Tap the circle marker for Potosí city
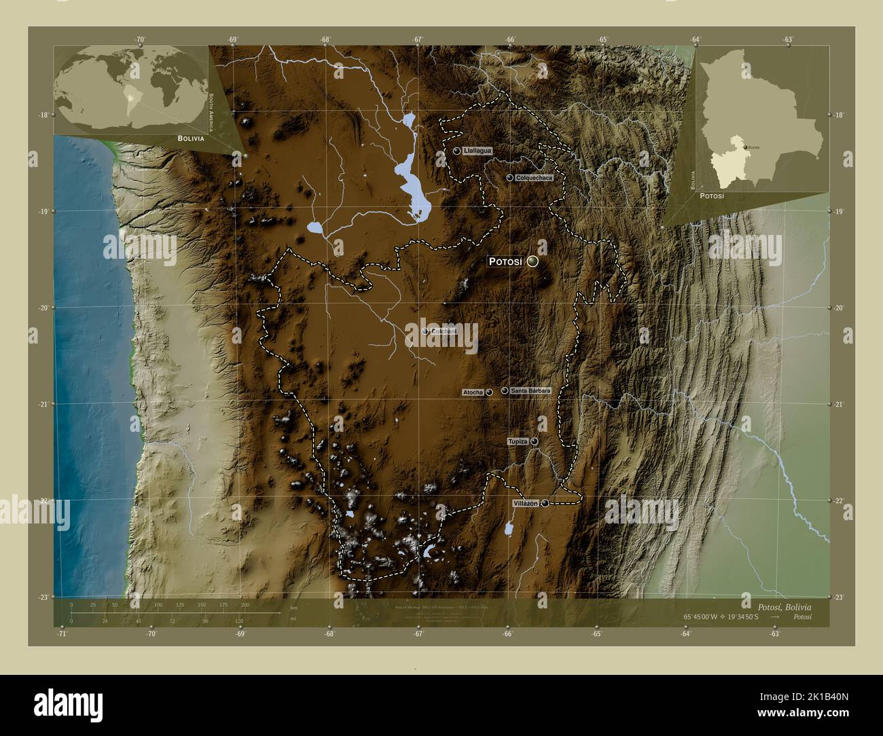[x=533, y=261]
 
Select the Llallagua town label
[x=477, y=151]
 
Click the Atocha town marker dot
[x=489, y=392]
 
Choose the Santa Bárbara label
[x=530, y=390]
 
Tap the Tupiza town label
[x=518, y=442]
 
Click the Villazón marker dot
[x=545, y=503]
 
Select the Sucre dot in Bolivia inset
[x=746, y=147]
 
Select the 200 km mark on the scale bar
[x=245, y=604]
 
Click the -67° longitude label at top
[x=418, y=39]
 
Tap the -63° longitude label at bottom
[x=774, y=633]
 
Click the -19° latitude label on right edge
[x=840, y=212]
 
